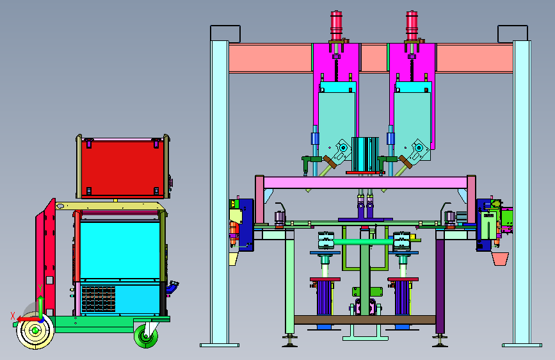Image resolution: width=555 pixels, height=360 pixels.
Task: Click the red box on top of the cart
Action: [x=123, y=167]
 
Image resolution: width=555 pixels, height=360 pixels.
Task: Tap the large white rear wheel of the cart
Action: [x=35, y=331]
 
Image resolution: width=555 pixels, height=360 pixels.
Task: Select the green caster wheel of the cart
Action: [x=146, y=336]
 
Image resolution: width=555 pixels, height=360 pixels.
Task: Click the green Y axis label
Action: [x=40, y=288]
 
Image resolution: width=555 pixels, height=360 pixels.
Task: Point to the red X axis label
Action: [x=13, y=316]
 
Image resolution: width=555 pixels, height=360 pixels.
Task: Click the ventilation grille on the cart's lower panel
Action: [x=99, y=299]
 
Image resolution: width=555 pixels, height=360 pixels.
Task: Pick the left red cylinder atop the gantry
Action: [x=336, y=25]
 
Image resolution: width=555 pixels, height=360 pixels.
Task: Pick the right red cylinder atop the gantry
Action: [x=412, y=25]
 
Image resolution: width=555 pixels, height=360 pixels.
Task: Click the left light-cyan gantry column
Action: [x=220, y=193]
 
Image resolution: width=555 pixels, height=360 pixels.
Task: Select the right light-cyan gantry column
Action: [x=522, y=193]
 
